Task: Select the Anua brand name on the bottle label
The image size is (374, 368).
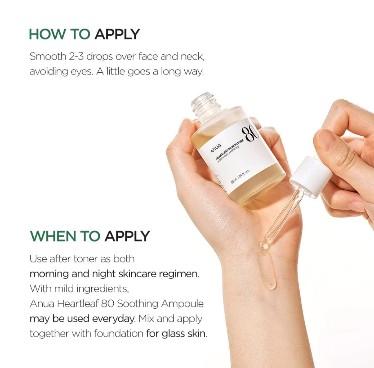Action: (x=216, y=147)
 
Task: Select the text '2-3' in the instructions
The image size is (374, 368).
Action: (x=76, y=56)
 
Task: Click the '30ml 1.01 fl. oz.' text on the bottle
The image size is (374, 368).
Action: (x=240, y=177)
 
